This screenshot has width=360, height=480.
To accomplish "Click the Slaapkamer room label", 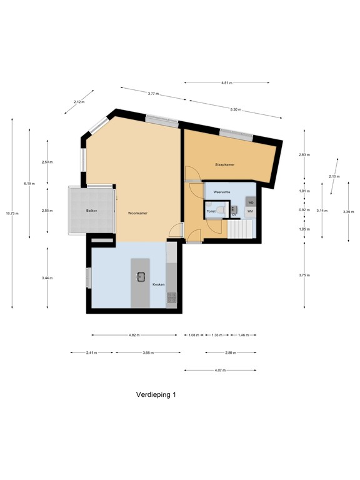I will [224, 164].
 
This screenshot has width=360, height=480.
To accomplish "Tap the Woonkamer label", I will [137, 213].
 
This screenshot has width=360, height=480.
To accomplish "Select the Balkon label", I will [91, 211].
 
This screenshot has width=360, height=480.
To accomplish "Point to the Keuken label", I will [159, 284].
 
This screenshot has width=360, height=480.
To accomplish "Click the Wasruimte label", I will [222, 192].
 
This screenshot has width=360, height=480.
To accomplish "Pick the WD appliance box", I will [250, 202].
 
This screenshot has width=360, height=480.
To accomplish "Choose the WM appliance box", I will [250, 212].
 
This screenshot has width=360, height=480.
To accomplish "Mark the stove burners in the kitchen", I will [171, 299].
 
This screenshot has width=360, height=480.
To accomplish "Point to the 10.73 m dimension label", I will [12, 213].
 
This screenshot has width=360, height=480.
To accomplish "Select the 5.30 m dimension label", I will [235, 109].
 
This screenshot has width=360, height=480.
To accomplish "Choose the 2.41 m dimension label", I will [91, 352].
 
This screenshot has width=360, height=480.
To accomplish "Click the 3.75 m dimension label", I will [304, 274].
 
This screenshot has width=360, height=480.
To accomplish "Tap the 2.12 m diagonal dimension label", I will [78, 102].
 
